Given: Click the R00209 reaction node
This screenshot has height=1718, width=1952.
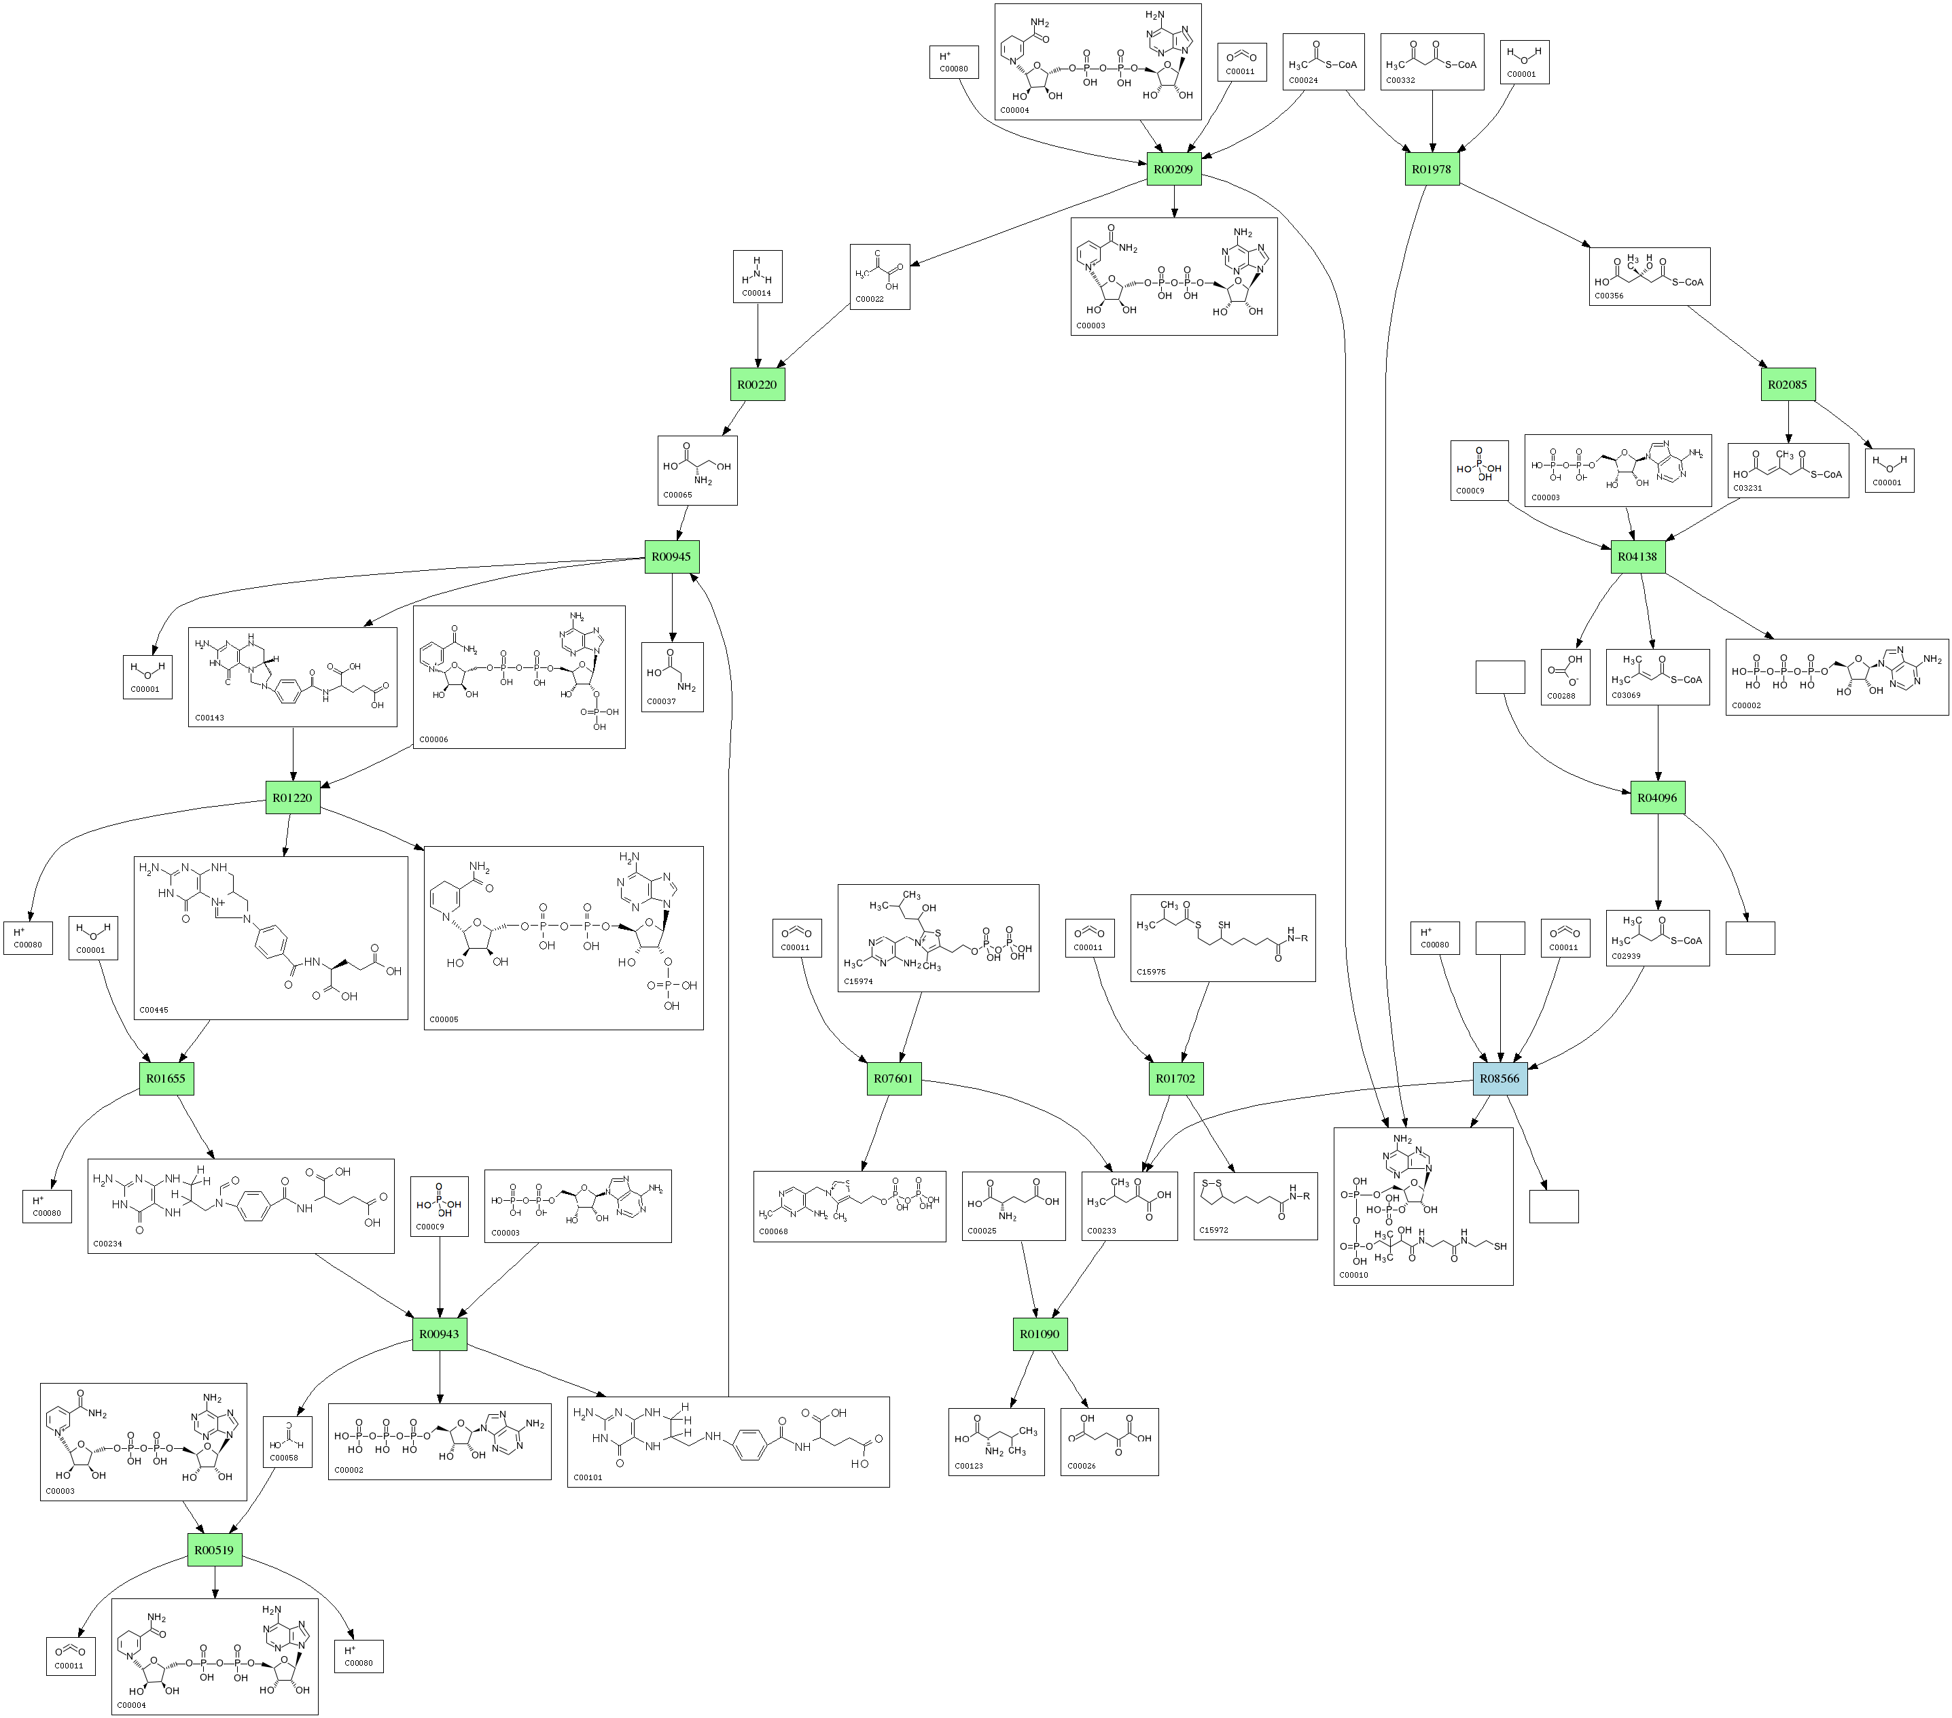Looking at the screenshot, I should tap(1173, 169).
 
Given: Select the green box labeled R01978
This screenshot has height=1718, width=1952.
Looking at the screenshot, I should tap(1432, 169).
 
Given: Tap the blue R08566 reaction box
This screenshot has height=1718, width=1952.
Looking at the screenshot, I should tap(1500, 1078).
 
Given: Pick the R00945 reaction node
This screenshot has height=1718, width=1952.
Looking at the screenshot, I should tap(671, 557).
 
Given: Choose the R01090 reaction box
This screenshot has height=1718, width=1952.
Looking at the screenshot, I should tap(1040, 1333).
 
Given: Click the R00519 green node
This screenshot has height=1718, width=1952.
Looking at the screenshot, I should tap(214, 1550).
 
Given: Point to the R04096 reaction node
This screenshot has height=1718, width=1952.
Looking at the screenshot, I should tap(1657, 797).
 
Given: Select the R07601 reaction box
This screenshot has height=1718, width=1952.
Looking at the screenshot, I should tap(894, 1078).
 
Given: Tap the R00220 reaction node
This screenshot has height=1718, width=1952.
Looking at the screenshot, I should tap(758, 385).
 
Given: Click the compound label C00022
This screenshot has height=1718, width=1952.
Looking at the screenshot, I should tap(869, 299).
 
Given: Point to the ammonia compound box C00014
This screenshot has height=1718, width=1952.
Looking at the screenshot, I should tap(758, 277).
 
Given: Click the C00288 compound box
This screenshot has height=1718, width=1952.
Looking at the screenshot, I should tap(1564, 677).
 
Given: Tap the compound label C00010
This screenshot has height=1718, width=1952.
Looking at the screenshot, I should tap(1353, 1274).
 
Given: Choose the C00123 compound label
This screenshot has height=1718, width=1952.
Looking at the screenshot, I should tap(968, 1465).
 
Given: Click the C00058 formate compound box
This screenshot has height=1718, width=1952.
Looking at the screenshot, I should tap(287, 1442).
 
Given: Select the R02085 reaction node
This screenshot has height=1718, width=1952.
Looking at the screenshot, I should tap(1788, 385).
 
